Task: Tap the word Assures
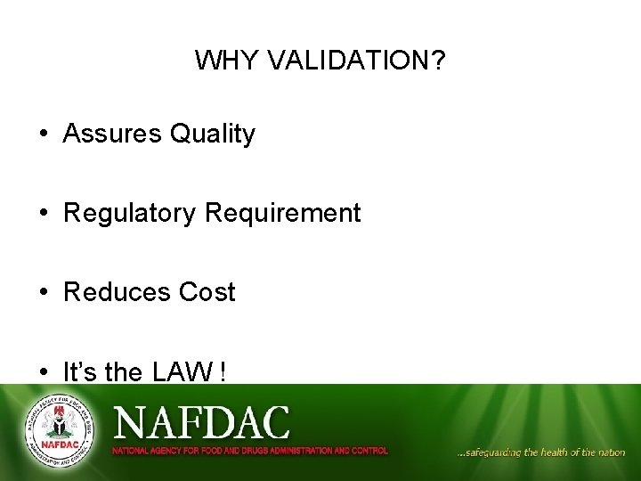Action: pyautogui.click(x=113, y=135)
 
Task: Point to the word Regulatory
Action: pyautogui.click(x=131, y=214)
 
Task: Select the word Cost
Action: pyautogui.click(x=207, y=293)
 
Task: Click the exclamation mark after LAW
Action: pyautogui.click(x=221, y=372)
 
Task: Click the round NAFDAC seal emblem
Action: pyautogui.click(x=58, y=430)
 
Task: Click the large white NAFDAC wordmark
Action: pyautogui.click(x=201, y=422)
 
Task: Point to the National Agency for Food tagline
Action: pyautogui.click(x=249, y=451)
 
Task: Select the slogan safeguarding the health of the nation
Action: pyautogui.click(x=540, y=452)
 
